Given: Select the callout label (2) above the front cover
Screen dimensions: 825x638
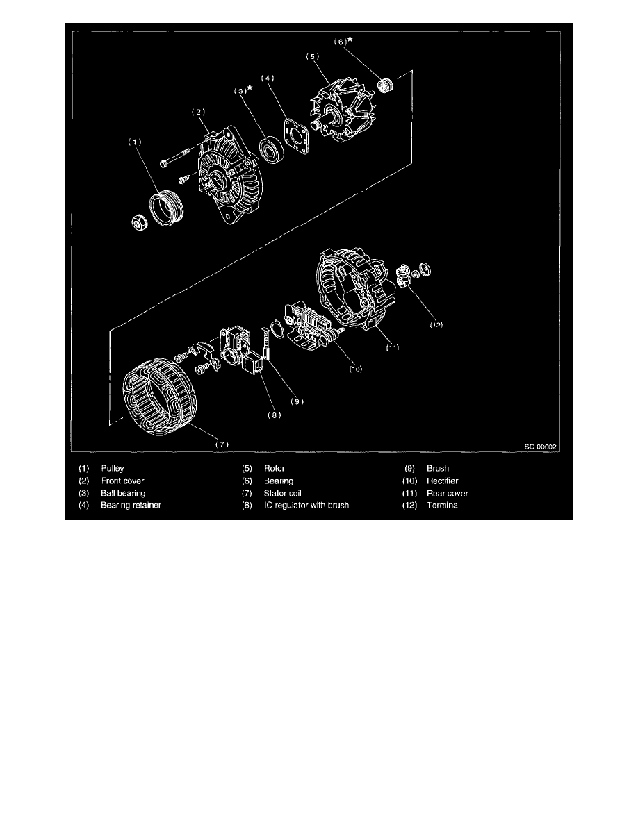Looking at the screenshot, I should coord(198,111).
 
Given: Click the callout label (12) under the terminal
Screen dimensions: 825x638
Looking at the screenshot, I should coord(434,324).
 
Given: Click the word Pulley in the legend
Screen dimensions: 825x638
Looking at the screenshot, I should coord(113,469).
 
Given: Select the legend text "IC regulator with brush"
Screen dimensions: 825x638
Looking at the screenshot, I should coord(306,506).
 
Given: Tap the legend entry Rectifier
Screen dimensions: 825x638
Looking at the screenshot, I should coord(443,481).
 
